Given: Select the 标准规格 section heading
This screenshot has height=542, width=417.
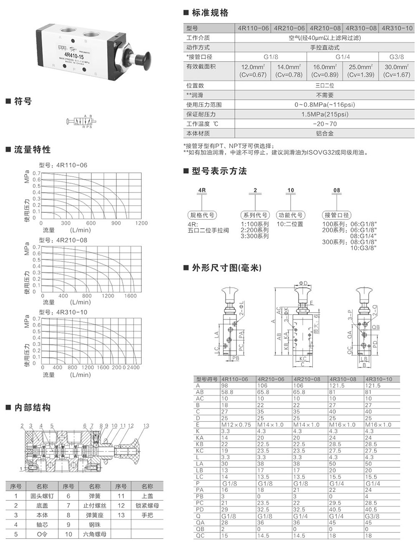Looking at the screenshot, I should click(x=210, y=13).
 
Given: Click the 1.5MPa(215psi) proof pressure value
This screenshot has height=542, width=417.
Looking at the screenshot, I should click(x=324, y=114).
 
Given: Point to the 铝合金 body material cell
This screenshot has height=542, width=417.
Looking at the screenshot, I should click(x=324, y=134).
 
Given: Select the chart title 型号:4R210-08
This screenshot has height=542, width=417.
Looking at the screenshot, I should click(x=63, y=240).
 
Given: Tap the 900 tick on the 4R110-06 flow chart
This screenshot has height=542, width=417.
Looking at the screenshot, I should click(x=116, y=223).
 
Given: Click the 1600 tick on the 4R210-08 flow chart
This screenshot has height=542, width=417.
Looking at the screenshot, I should click(x=131, y=296).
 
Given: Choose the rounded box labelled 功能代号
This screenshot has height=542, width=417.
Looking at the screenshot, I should click(x=291, y=215).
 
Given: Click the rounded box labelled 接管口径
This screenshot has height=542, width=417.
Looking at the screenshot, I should click(x=337, y=215).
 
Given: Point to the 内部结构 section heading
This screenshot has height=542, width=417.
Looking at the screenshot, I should click(x=33, y=408).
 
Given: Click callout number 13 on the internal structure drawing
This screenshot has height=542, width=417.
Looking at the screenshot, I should click(x=146, y=426).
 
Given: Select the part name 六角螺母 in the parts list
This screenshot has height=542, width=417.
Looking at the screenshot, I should click(x=95, y=534).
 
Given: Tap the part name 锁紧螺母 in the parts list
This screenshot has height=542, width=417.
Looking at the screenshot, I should click(x=147, y=505).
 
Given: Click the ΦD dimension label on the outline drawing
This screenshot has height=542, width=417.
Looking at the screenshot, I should click(x=303, y=284).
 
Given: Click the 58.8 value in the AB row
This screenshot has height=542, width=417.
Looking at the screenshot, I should click(x=227, y=392).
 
